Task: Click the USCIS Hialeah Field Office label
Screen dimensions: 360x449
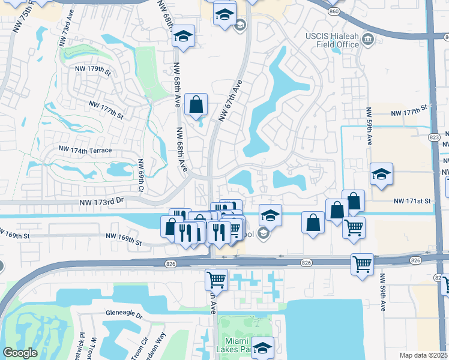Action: pos(331,41)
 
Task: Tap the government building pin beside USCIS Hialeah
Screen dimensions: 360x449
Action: pos(368,40)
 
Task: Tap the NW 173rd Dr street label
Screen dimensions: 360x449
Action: pos(101,203)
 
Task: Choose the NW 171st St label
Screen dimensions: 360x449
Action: pos(412,202)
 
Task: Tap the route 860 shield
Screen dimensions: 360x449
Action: pos(334,11)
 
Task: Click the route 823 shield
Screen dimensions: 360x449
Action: pos(434,137)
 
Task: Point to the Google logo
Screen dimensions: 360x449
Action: pos(20,353)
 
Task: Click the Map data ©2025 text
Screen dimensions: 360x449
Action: pos(423,355)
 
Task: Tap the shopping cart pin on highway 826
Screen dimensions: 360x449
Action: pos(362,263)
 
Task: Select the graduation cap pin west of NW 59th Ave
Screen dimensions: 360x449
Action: pos(381,174)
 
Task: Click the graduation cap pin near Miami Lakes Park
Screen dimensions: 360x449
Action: pos(262,347)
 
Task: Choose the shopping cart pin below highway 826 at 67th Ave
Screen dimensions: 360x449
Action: pos(216,278)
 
